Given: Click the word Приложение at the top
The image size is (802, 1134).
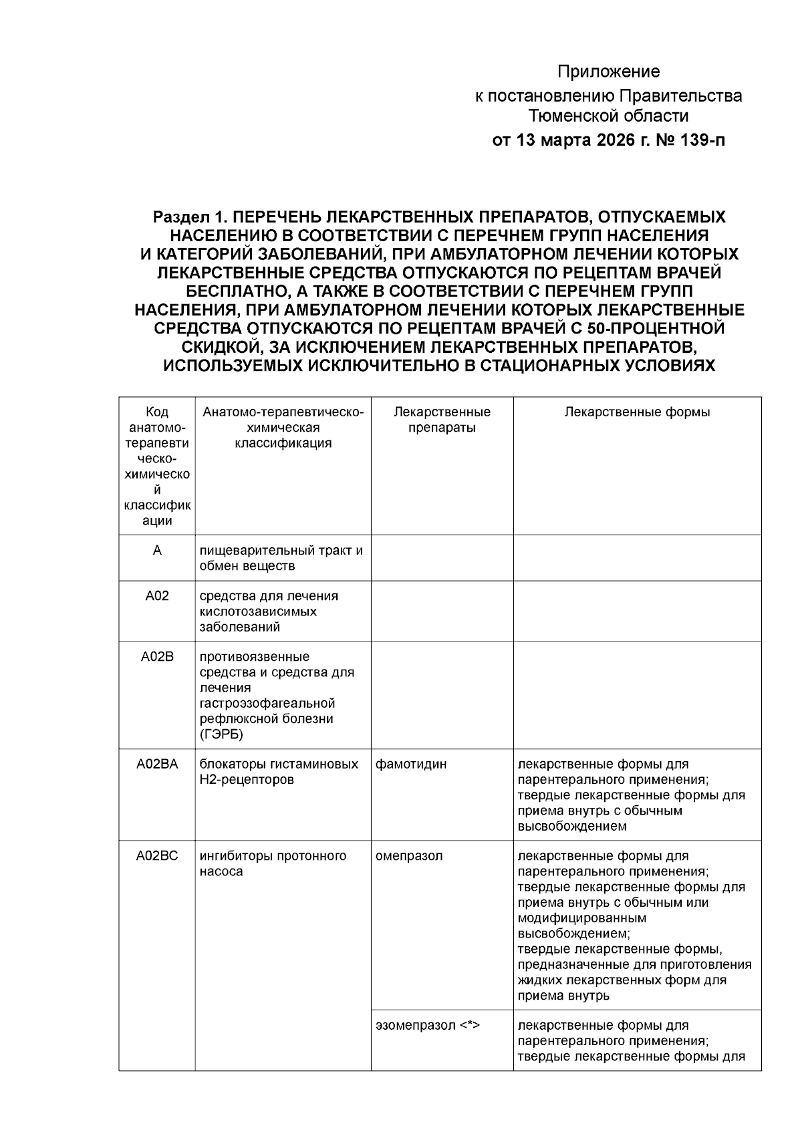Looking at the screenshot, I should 608,72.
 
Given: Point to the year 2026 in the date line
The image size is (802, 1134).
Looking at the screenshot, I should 606,141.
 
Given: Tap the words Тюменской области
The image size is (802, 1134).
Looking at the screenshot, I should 608,117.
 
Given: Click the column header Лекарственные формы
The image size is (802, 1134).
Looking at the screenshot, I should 637,412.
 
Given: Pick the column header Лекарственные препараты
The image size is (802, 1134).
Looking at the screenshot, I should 442,420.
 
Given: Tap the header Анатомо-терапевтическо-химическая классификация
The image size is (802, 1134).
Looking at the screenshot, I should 283,428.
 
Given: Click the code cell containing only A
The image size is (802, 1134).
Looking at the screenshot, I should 157,551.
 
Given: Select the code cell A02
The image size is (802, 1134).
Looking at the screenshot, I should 157,596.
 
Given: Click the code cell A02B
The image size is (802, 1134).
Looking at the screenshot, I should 157,657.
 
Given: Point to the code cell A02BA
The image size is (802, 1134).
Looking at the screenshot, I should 157,764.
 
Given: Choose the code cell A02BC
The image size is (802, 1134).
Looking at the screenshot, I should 157,856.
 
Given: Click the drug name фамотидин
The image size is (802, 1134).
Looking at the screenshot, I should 411,764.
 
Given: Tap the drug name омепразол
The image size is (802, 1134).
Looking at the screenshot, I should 409,856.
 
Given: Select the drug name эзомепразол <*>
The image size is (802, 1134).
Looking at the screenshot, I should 428,1025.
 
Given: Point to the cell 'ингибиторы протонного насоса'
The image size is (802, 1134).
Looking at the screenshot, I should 273,864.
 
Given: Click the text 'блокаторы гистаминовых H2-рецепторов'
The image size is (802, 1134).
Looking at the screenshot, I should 279,772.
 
